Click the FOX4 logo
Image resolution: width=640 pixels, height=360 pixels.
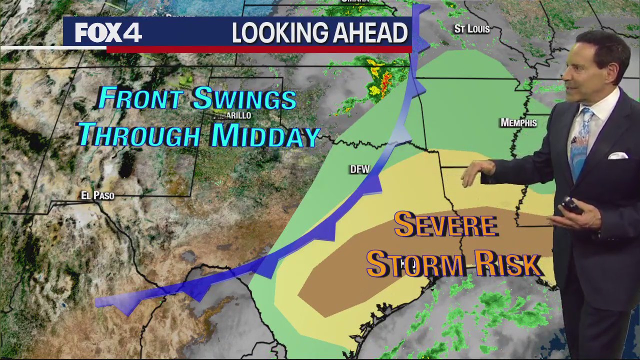click(108, 33)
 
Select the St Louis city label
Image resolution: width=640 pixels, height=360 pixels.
click(471, 29)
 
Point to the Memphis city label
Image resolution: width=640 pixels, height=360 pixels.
click(518, 123)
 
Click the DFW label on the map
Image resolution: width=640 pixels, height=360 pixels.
click(359, 169)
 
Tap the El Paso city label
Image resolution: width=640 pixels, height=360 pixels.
click(97, 195)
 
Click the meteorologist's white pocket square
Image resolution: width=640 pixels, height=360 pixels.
click(617, 155)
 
